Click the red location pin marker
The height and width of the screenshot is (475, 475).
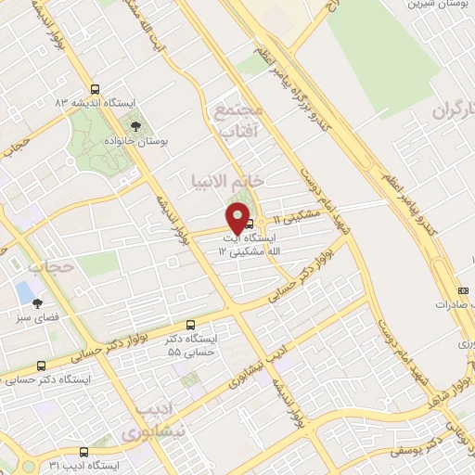click(x=238, y=217)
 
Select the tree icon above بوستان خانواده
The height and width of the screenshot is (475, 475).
click(x=136, y=125)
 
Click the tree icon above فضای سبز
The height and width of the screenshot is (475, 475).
click(x=37, y=302)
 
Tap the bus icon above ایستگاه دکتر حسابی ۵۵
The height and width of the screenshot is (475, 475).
click(x=191, y=326)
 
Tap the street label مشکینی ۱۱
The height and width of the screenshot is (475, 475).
click(x=300, y=214)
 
